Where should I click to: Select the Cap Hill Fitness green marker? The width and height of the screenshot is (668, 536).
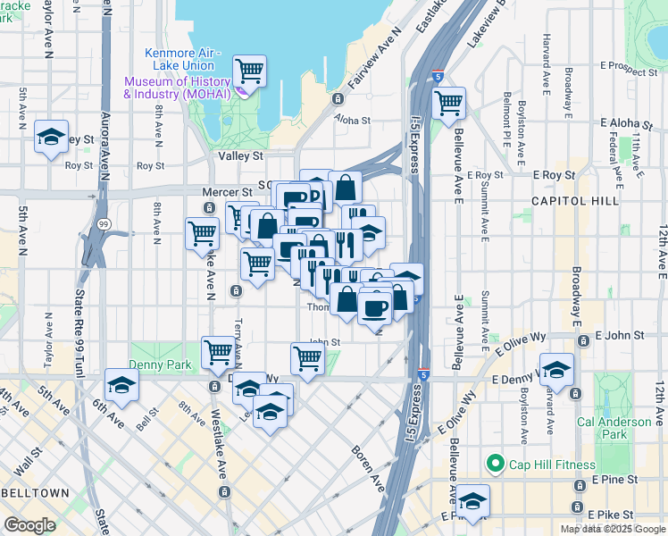493,464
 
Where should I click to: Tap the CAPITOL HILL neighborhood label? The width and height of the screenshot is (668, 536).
574,201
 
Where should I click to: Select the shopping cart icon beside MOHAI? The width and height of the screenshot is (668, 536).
249,70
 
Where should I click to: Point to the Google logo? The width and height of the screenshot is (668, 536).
29,525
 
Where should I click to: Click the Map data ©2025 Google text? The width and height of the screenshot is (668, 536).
612,529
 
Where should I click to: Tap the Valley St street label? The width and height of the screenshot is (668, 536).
241,155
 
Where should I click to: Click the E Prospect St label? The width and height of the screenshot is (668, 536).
629,66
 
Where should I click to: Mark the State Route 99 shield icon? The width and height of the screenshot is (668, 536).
104,224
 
